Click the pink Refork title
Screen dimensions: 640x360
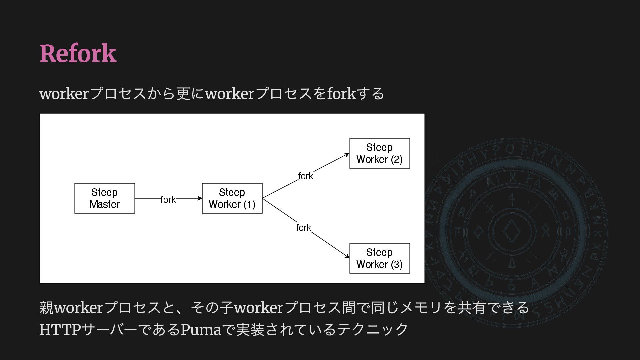tap(78, 53)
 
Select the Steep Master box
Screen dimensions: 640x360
tap(105, 198)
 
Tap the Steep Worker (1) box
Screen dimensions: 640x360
tap(232, 198)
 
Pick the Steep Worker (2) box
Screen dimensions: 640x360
tap(380, 153)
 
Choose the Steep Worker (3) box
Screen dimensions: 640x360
tap(380, 258)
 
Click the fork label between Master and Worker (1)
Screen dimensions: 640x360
tap(168, 199)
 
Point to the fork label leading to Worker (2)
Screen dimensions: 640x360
tap(305, 176)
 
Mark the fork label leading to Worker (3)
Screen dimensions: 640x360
tap(304, 227)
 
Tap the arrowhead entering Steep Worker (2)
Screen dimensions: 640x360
tap(347, 155)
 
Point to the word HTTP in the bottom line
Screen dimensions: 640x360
tap(60, 329)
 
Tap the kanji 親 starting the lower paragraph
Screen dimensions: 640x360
tap(47, 307)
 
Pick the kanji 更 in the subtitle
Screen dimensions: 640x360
tap(184, 93)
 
